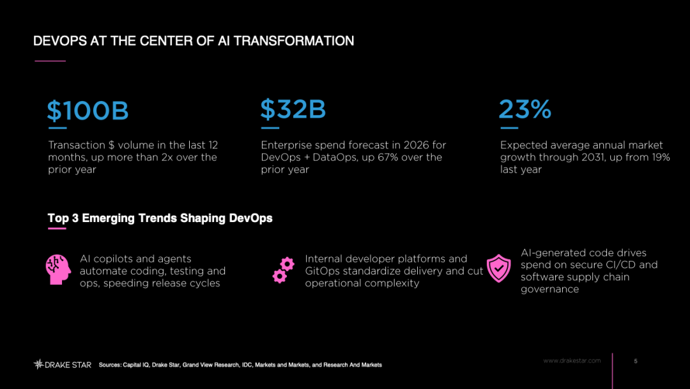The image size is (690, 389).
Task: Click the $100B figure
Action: click(x=88, y=110)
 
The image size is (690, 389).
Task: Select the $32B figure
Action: click(x=293, y=109)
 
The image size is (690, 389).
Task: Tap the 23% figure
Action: click(x=525, y=109)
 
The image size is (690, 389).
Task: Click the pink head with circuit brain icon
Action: click(x=58, y=269)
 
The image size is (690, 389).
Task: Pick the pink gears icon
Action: click(x=284, y=269)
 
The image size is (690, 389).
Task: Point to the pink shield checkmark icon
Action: click(x=498, y=268)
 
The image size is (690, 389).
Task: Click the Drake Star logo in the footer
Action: click(x=63, y=364)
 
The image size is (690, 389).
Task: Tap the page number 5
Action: click(x=636, y=361)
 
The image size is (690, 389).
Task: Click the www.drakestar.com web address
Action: click(x=572, y=361)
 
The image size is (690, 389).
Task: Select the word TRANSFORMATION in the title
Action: click(x=293, y=41)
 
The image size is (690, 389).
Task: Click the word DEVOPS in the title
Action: click(x=60, y=41)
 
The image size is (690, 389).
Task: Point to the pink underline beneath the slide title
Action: click(x=50, y=61)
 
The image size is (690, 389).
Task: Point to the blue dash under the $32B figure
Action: click(x=270, y=128)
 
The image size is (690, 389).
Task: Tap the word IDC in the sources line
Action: click(x=247, y=365)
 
